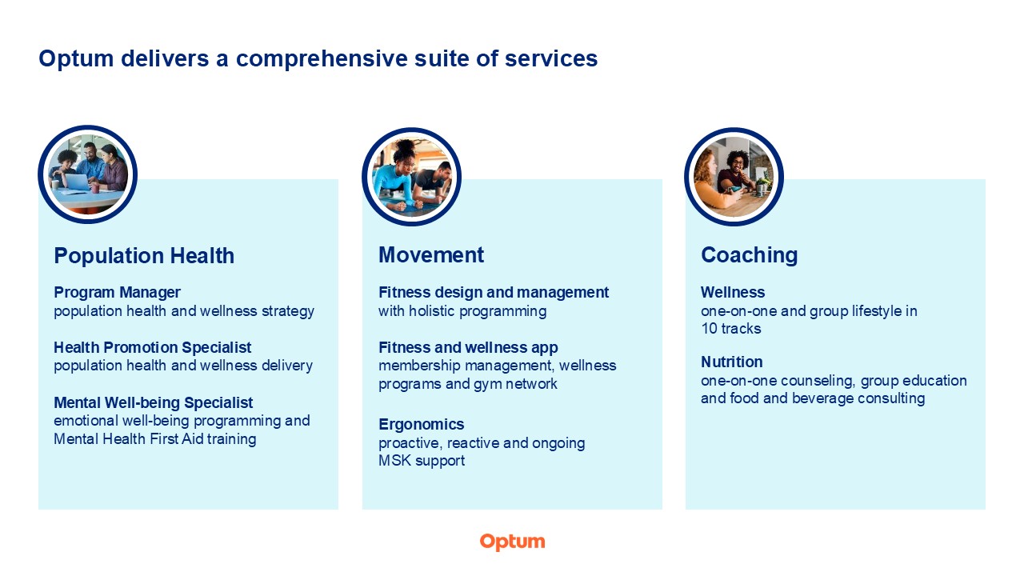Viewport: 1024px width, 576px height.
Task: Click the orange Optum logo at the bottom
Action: click(512, 542)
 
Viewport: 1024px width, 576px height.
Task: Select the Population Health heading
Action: click(144, 255)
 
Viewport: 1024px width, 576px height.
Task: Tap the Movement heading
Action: click(430, 254)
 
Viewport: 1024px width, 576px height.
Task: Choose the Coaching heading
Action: click(749, 254)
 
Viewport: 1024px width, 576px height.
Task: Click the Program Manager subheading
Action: click(117, 292)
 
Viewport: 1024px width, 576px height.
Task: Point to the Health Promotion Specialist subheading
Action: click(152, 347)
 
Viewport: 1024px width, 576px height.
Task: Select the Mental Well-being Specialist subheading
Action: click(153, 402)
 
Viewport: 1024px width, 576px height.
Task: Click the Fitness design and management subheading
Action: click(494, 292)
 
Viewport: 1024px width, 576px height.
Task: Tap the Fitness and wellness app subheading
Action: click(468, 347)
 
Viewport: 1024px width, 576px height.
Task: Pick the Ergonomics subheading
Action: click(421, 425)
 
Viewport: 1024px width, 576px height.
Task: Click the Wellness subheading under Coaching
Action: click(732, 292)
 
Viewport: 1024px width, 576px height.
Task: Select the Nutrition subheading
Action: click(731, 362)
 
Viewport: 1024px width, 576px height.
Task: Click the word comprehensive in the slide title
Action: click(321, 59)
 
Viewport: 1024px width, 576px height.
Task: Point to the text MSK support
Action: click(421, 461)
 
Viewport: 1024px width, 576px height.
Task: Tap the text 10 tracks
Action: click(731, 329)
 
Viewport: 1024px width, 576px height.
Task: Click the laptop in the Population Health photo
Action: click(78, 183)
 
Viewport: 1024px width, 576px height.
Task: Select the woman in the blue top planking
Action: click(396, 176)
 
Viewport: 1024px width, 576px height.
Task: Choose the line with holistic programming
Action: click(462, 311)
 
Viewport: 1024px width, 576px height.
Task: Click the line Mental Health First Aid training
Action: click(155, 439)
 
